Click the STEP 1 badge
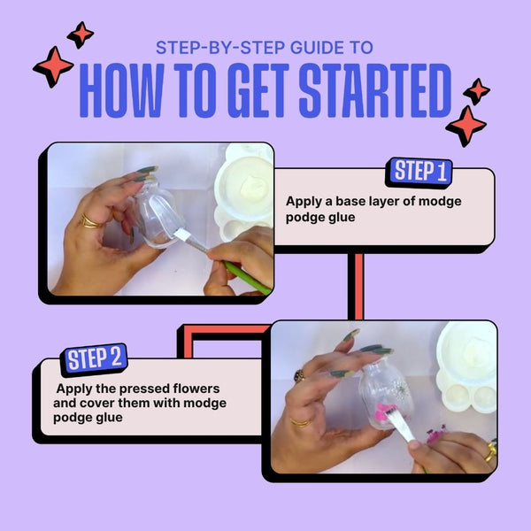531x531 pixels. [x=419, y=173]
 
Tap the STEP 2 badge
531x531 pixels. [x=94, y=359]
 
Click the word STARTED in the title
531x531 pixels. [x=375, y=90]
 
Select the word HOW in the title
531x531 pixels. [x=121, y=90]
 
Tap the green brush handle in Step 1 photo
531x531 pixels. [x=247, y=279]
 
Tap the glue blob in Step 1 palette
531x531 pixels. [x=252, y=188]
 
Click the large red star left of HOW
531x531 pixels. [x=53, y=67]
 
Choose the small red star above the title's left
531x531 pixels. [x=81, y=35]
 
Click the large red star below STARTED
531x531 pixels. [x=466, y=126]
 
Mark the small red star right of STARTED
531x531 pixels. [x=476, y=91]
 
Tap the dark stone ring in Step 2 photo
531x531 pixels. [x=299, y=376]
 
